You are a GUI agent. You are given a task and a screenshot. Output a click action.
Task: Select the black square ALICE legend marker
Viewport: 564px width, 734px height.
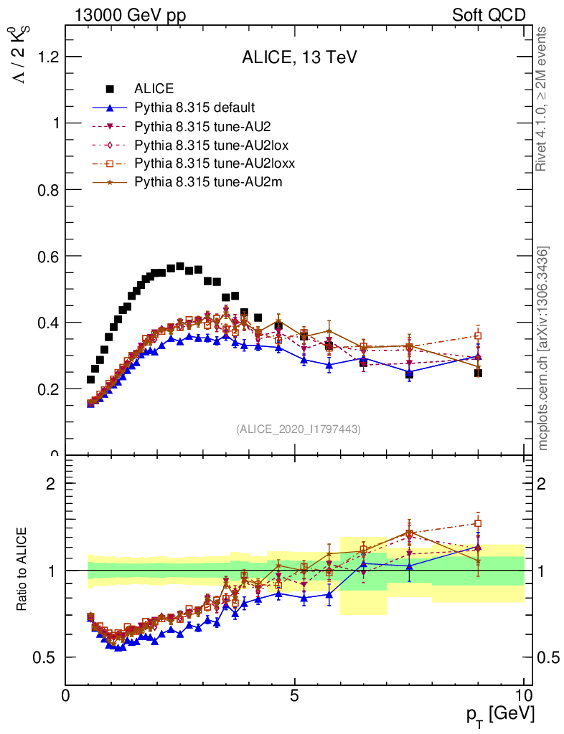click(x=110, y=89)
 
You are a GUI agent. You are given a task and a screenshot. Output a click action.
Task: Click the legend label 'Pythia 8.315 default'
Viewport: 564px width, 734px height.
click(x=194, y=108)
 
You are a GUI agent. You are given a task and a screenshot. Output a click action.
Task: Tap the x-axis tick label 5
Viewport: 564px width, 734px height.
click(x=294, y=695)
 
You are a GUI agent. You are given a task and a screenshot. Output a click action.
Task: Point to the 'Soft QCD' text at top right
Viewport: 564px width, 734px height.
click(x=489, y=15)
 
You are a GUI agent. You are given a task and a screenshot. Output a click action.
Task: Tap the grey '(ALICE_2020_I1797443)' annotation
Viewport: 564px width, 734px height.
click(x=299, y=429)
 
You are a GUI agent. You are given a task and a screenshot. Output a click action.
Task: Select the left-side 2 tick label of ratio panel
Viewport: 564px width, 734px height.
click(x=51, y=484)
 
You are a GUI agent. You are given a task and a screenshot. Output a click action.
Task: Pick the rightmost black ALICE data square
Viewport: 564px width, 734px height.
click(x=478, y=373)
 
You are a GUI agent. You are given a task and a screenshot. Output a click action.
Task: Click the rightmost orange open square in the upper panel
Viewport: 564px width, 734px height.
click(x=478, y=335)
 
